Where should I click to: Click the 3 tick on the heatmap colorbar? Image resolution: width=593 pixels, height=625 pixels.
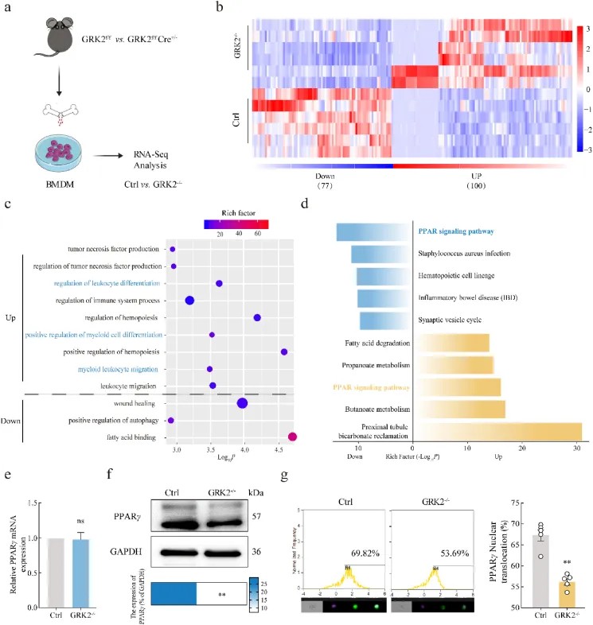coord(587,29)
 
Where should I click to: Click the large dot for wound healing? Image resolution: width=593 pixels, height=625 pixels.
coord(242,404)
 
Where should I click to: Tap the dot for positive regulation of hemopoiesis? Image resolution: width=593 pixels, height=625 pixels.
coord(284,351)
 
